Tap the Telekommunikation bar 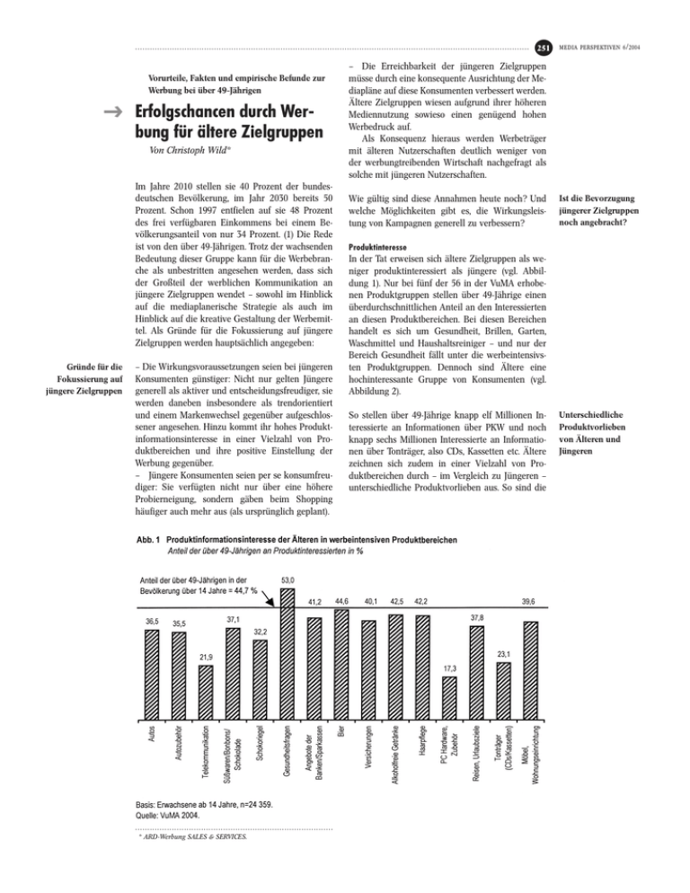[x=205, y=690]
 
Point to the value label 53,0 [x=288, y=580]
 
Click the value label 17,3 [x=449, y=668]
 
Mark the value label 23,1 [x=503, y=655]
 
